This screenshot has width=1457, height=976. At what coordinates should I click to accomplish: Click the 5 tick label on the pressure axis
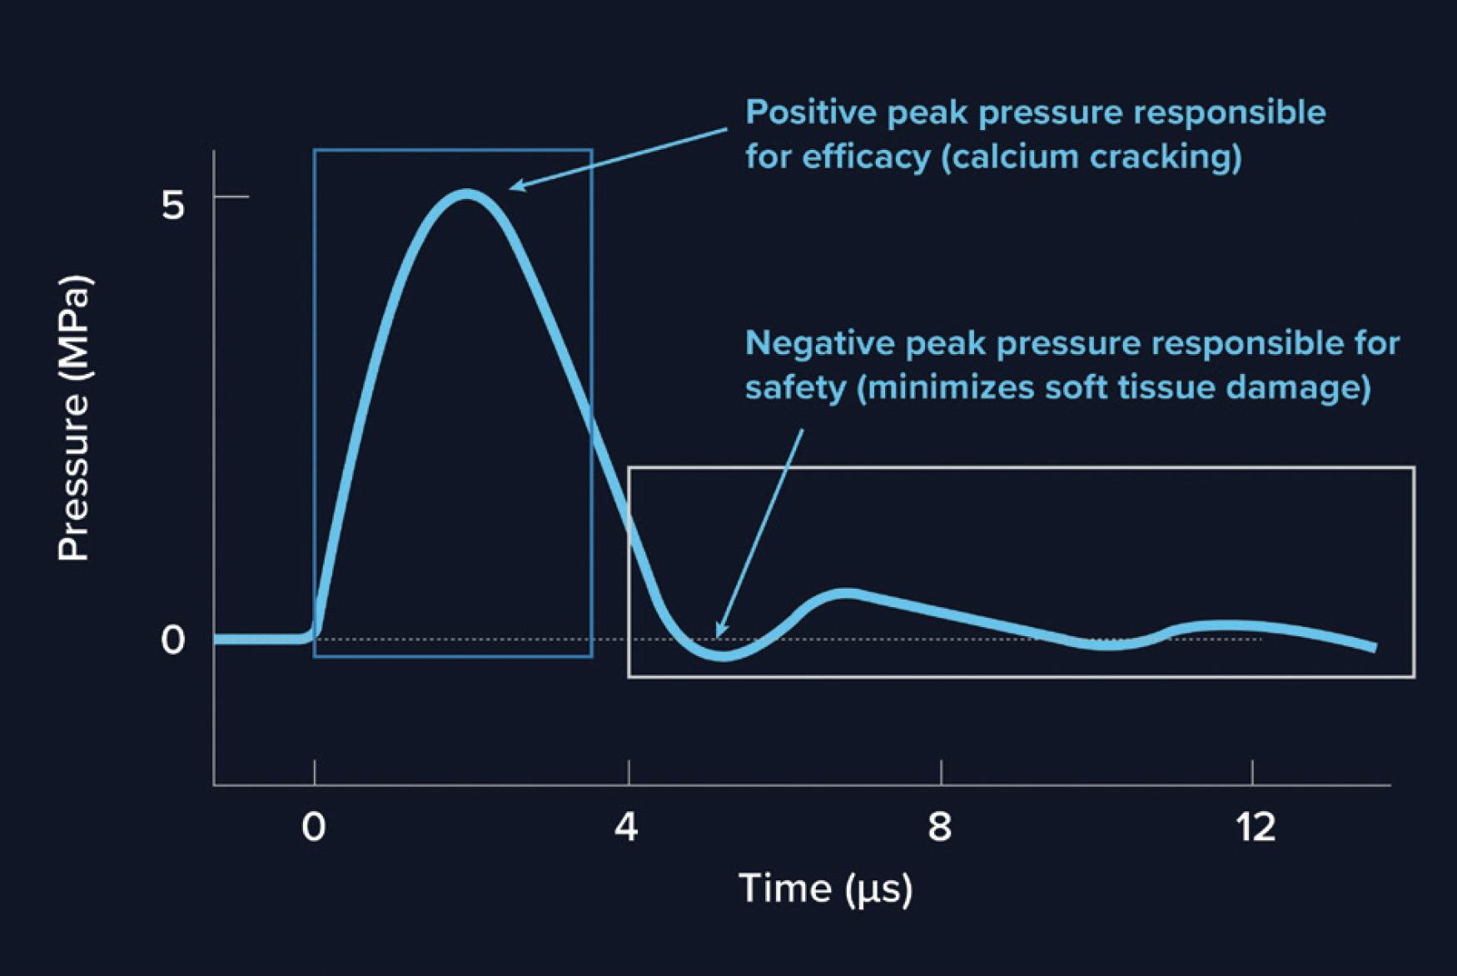[x=172, y=204]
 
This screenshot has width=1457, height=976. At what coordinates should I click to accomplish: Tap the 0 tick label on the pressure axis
[x=172, y=640]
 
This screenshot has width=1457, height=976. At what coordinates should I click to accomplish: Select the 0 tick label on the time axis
[x=314, y=827]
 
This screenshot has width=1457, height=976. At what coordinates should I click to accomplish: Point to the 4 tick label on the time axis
[x=627, y=827]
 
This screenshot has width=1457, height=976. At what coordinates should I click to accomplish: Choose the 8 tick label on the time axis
[x=940, y=827]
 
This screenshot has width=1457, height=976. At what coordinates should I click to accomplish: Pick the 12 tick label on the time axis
[x=1256, y=827]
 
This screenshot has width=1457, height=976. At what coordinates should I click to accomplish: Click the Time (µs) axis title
[x=825, y=889]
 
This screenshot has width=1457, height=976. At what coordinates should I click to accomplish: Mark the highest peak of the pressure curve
[x=467, y=195]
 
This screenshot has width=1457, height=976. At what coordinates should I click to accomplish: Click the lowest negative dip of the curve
[x=725, y=656]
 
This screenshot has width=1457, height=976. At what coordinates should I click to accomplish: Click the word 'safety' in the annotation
[x=795, y=388]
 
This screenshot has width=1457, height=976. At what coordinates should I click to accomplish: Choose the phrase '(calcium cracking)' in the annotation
[x=1092, y=157]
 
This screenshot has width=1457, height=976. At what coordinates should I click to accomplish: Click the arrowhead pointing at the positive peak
[x=515, y=187]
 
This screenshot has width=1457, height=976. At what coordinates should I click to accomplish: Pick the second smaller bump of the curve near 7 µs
[x=846, y=594]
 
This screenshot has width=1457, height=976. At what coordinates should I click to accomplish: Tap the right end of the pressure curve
[x=1373, y=647]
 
